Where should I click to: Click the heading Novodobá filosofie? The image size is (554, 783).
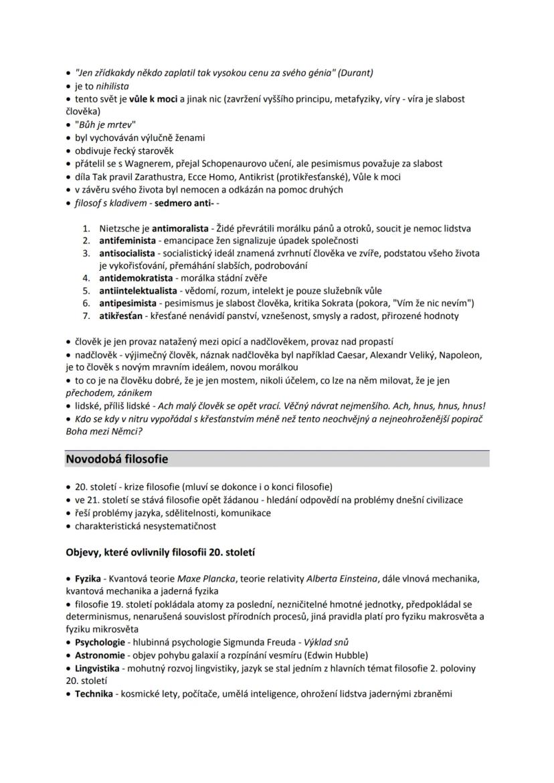(116, 459)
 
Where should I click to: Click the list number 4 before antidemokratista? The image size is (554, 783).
(86, 277)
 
